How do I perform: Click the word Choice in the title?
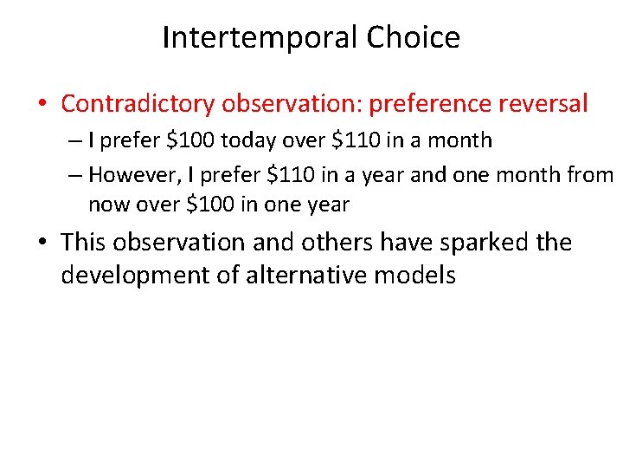pos(413,38)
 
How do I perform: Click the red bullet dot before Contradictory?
pos(42,105)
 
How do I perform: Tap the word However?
pos(140,175)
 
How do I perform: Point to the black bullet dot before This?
pos(42,243)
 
